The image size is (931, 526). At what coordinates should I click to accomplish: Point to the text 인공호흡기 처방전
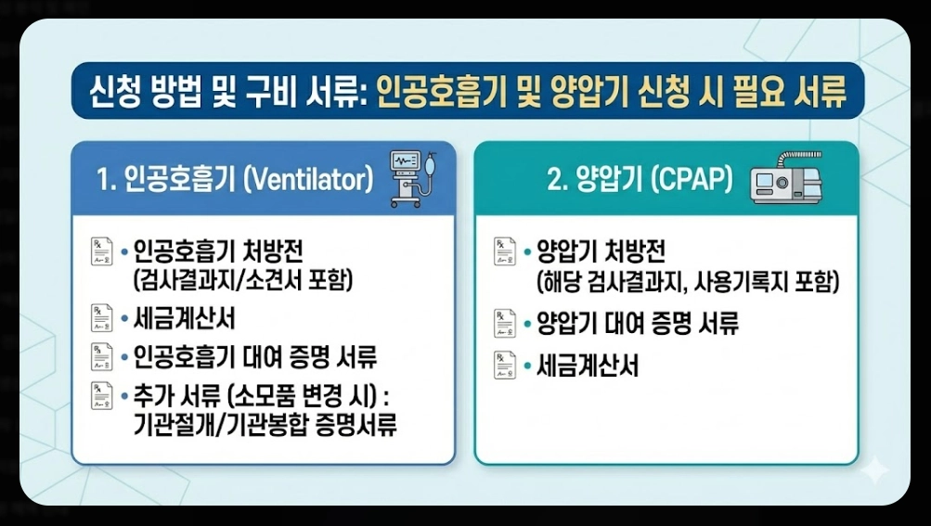[218, 251]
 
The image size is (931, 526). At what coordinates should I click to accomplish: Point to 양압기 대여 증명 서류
[638, 324]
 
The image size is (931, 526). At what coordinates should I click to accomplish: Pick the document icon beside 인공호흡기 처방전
[101, 251]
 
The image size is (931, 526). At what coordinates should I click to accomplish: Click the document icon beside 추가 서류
[101, 394]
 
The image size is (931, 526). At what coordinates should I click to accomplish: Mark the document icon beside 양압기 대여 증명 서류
[504, 324]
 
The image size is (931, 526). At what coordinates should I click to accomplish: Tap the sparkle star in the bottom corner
[873, 470]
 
